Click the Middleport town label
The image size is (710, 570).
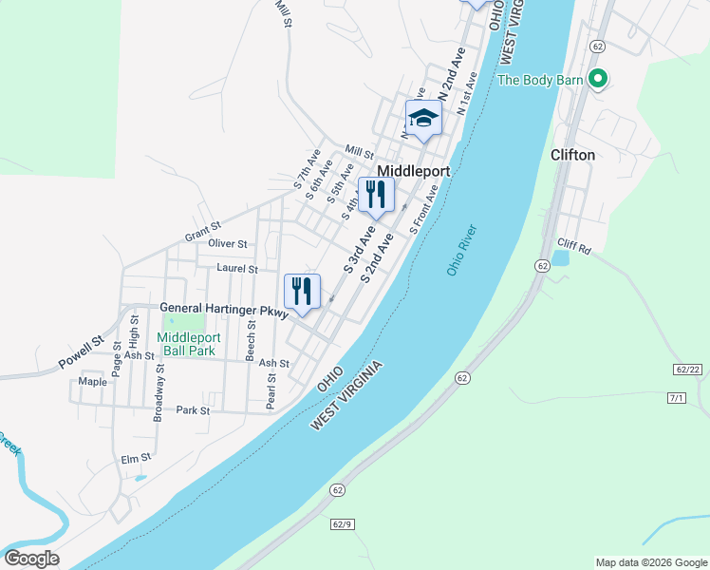point(413,171)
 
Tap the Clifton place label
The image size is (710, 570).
point(573,155)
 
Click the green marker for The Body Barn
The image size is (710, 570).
point(597,79)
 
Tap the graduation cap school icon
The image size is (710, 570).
point(423,119)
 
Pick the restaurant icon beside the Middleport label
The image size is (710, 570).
point(376,195)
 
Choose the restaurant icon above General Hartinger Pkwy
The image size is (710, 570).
point(303,291)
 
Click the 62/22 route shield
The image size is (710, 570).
point(687,369)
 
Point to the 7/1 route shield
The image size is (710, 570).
point(676,397)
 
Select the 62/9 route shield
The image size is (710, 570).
point(343,523)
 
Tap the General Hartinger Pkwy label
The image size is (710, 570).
point(223,308)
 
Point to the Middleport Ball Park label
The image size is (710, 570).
point(188,343)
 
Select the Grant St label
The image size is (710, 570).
point(202,228)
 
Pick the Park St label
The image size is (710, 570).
point(192,410)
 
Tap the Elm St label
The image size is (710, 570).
point(136,459)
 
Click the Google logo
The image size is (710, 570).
point(31,559)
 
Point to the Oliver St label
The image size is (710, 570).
point(227,244)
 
